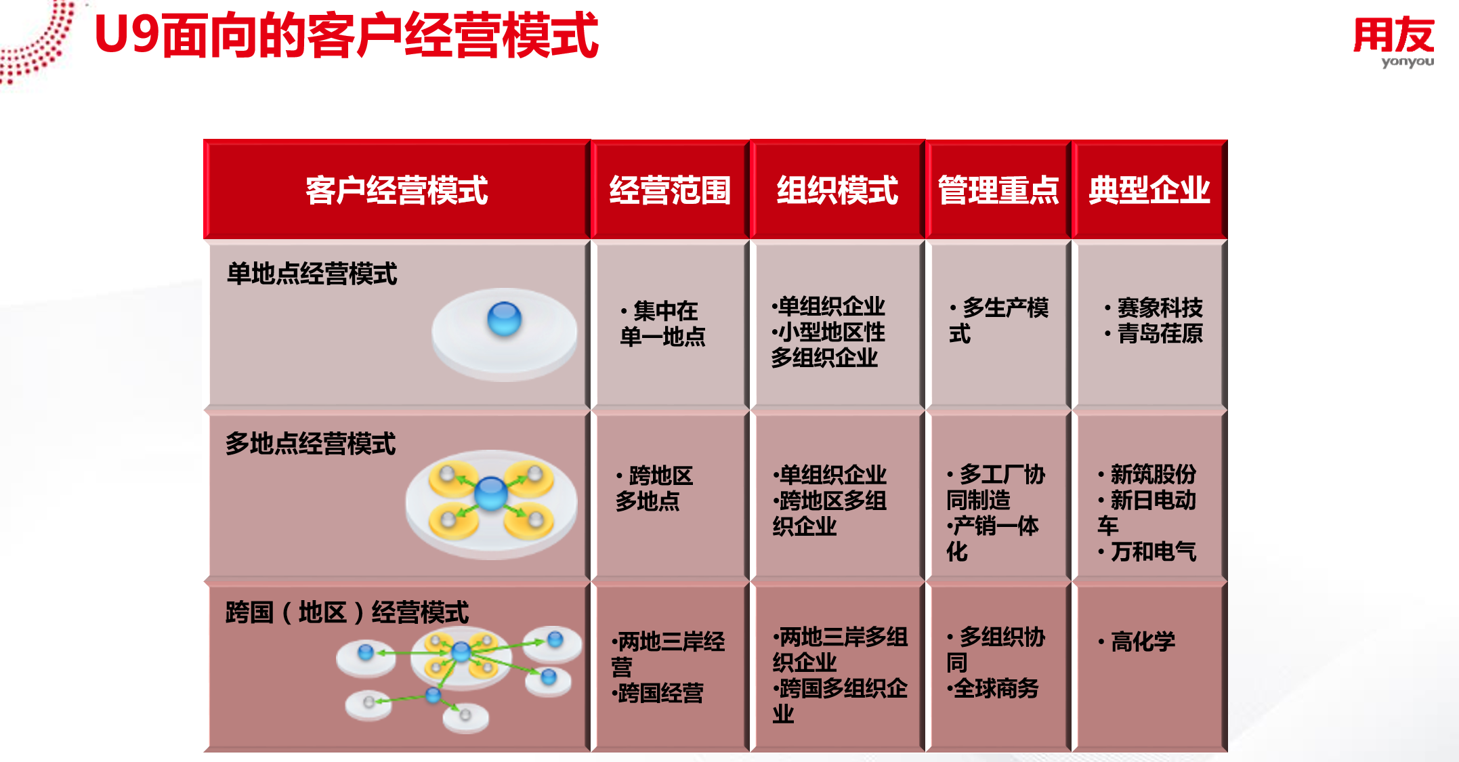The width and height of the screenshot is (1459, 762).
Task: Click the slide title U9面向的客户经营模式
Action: pos(346,35)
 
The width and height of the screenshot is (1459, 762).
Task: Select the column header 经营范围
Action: pos(670,190)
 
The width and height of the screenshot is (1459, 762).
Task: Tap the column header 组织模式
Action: pos(837,190)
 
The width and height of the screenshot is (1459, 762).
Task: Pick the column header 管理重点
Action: pos(998,190)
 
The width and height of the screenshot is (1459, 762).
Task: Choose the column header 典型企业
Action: pos(1149,190)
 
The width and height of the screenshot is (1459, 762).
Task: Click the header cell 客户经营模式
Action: pos(396,190)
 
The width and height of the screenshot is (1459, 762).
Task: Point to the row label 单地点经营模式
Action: pos(312,274)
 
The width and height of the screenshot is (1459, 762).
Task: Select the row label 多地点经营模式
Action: pos(310,444)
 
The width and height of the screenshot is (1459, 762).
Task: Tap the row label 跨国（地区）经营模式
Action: pos(347,612)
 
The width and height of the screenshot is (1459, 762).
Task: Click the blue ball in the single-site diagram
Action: pos(504,319)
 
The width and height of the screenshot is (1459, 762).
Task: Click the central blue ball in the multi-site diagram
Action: pos(491,493)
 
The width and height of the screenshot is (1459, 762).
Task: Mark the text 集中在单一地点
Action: pos(662,324)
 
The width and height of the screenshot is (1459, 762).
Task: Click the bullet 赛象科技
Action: pos(1154,308)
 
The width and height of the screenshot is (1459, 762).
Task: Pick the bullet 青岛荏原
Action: pos(1154,333)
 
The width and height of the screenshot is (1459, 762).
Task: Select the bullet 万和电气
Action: pos(1147,551)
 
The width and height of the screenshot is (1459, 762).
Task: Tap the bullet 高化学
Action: pos(1137,641)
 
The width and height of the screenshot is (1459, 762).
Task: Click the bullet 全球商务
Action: pos(993,688)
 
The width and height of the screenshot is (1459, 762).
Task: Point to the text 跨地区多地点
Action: pos(654,488)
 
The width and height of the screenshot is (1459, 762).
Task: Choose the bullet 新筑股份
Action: pos(1147,474)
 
